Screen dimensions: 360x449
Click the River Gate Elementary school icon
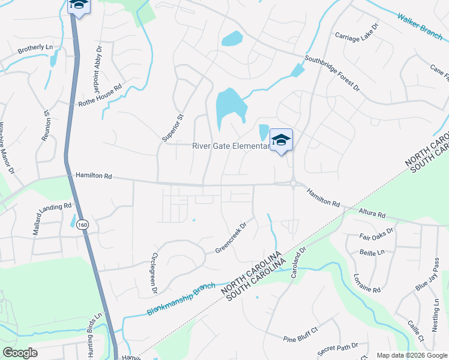[281, 140]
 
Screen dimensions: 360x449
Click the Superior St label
[172, 127]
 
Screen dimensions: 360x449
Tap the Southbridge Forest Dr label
[331, 74]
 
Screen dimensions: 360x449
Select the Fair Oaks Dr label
[376, 234]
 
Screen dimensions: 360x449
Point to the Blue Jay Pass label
[427, 275]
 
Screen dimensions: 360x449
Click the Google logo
[20, 353]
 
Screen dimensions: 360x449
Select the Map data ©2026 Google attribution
[411, 355]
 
